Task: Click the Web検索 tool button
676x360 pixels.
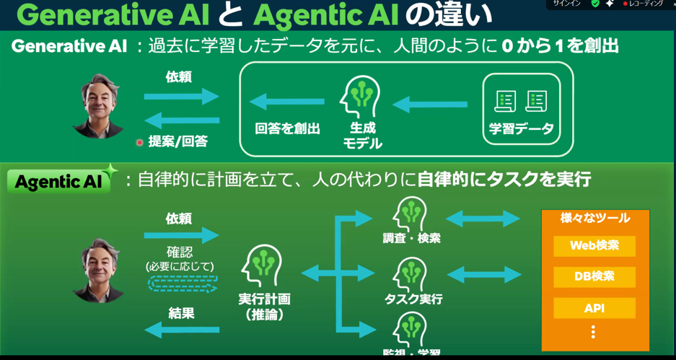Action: pyautogui.click(x=594, y=245)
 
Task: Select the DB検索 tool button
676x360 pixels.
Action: pyautogui.click(x=594, y=277)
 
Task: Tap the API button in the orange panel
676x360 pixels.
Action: pyautogui.click(x=594, y=308)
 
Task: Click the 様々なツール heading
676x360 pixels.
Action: pyautogui.click(x=594, y=218)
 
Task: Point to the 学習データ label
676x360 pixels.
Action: pyautogui.click(x=521, y=128)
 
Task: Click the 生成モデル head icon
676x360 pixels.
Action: pyautogui.click(x=361, y=98)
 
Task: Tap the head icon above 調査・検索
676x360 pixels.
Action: pyautogui.click(x=412, y=213)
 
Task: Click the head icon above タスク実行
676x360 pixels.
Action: pyautogui.click(x=412, y=274)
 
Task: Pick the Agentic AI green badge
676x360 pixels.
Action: pyautogui.click(x=59, y=181)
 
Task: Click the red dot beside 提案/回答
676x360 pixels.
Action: pyautogui.click(x=140, y=142)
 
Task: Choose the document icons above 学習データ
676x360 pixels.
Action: pyautogui.click(x=520, y=100)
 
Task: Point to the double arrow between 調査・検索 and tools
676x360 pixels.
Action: pyautogui.click(x=483, y=218)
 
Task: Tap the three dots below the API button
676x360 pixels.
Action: pyautogui.click(x=593, y=332)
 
